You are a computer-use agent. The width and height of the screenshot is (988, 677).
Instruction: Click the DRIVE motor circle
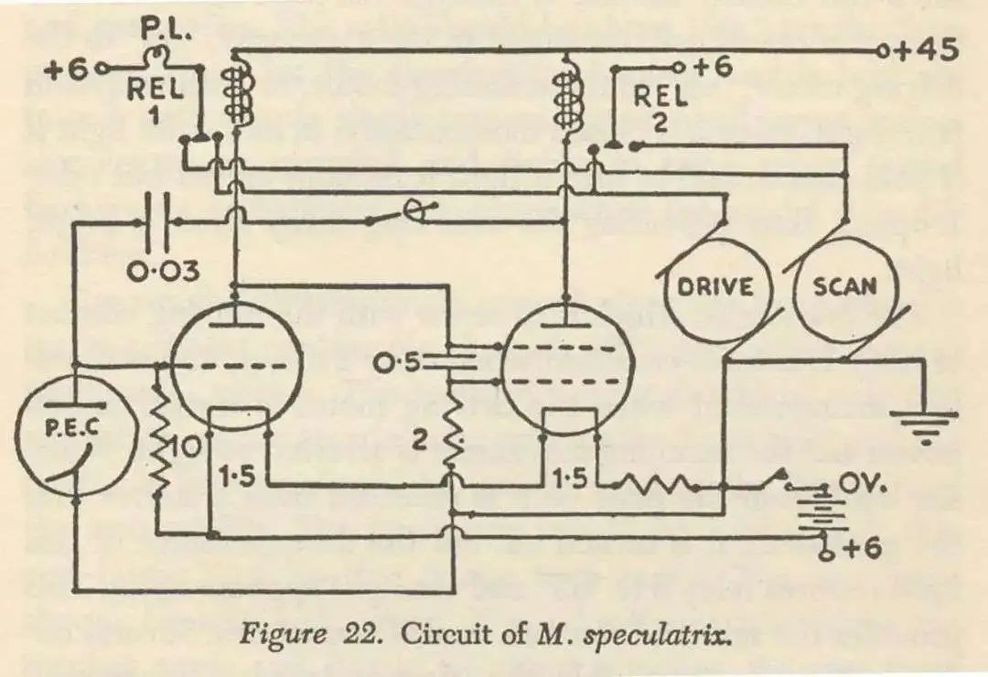(x=715, y=287)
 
